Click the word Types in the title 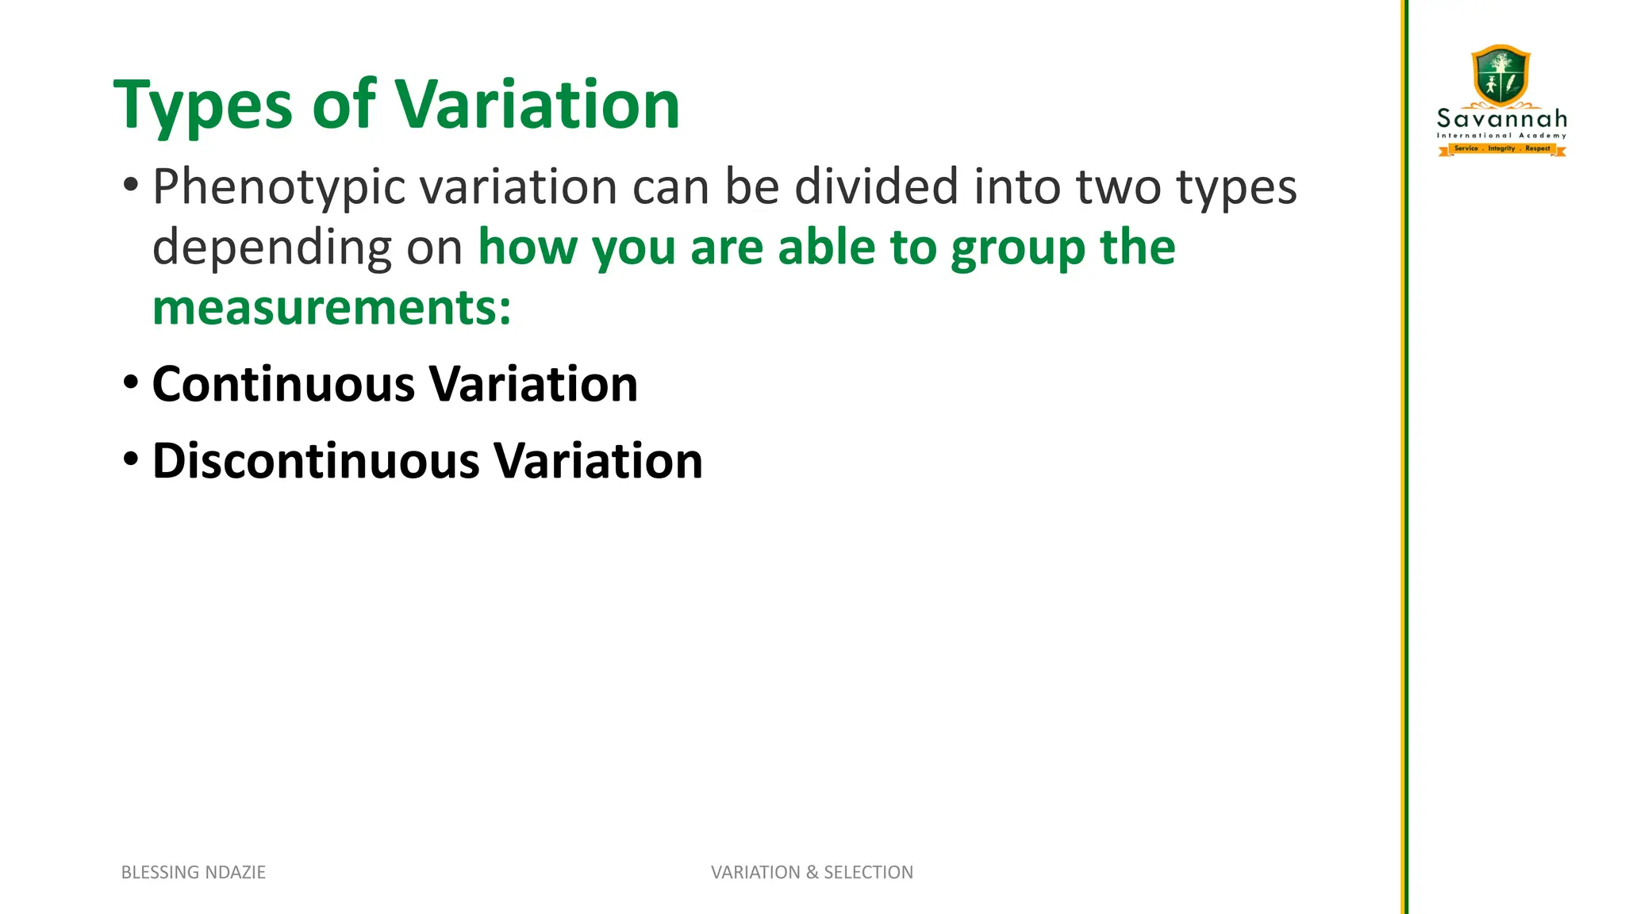pyautogui.click(x=203, y=106)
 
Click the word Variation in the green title pyautogui.click(x=537, y=105)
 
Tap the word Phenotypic pyautogui.click(x=279, y=187)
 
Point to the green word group pyautogui.click(x=1018, y=248)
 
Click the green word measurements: pyautogui.click(x=332, y=308)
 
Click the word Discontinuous pyautogui.click(x=316, y=461)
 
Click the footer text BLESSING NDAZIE pyautogui.click(x=193, y=872)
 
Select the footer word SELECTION pyautogui.click(x=868, y=872)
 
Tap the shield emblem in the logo pyautogui.click(x=1500, y=75)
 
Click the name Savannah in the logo pyautogui.click(x=1502, y=119)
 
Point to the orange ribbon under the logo pyautogui.click(x=1502, y=148)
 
